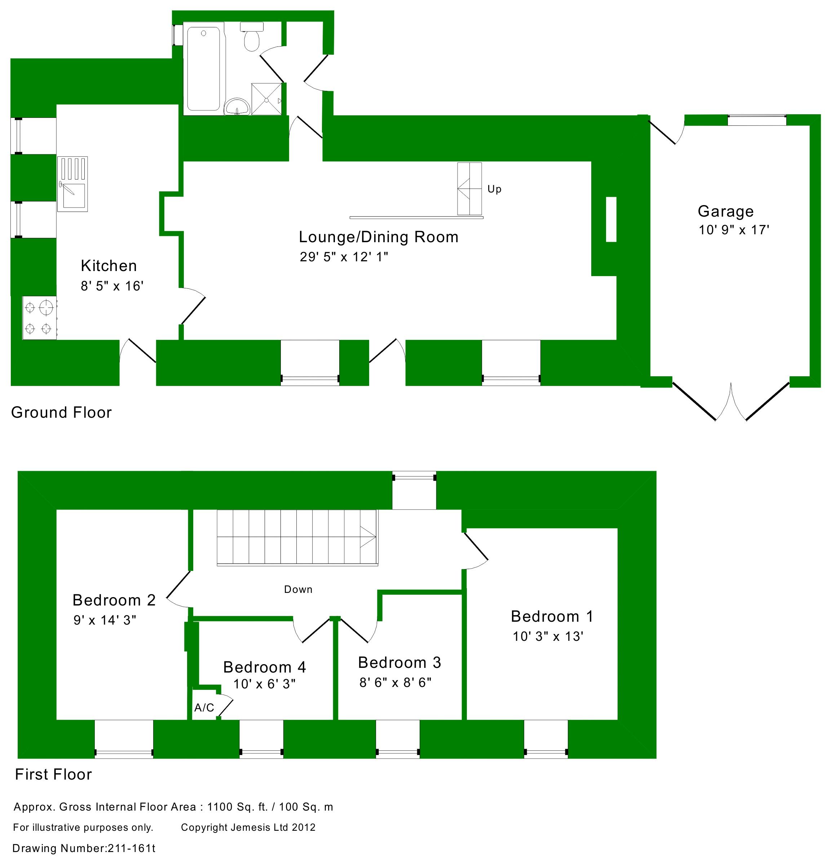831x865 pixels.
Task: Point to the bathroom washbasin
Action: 238,106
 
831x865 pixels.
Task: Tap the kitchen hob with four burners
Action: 39,318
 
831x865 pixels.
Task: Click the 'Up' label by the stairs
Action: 494,189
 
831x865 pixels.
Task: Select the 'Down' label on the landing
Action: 298,590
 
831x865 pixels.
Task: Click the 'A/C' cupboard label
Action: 204,708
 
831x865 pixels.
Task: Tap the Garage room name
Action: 725,212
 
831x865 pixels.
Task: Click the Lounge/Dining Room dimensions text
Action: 344,257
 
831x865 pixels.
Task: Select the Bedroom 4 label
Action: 265,667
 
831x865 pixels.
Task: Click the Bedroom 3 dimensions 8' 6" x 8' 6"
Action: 395,683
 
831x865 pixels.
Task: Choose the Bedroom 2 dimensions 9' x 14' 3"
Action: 105,620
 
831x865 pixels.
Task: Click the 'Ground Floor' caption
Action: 61,412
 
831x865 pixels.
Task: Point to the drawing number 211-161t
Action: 84,848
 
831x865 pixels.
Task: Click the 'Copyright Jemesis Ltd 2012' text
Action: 248,828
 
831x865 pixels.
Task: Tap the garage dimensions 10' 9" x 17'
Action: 734,230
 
